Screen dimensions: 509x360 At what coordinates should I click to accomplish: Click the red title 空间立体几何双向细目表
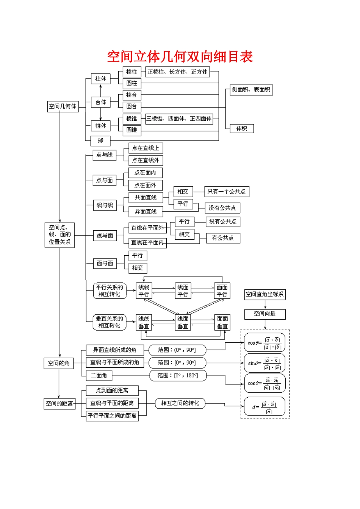click(x=180, y=57)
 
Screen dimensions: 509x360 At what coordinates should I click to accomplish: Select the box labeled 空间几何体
click(x=63, y=106)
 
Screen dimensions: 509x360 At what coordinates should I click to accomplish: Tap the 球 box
click(x=100, y=141)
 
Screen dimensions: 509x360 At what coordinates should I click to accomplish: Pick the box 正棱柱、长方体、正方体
click(x=177, y=72)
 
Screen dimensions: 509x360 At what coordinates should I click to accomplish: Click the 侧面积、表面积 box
click(x=251, y=90)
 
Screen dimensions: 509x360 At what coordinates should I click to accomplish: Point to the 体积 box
click(x=242, y=129)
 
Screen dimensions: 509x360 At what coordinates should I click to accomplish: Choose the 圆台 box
click(x=131, y=106)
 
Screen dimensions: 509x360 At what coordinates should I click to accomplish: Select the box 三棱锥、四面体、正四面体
click(x=179, y=119)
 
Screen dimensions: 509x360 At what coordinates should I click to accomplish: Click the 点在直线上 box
click(x=146, y=148)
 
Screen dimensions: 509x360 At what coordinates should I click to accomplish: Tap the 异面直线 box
click(x=146, y=211)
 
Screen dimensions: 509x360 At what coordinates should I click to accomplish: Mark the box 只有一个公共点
click(x=226, y=192)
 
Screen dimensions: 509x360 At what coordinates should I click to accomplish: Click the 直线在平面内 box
click(x=147, y=242)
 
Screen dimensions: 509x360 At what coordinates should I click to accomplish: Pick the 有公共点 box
click(x=223, y=238)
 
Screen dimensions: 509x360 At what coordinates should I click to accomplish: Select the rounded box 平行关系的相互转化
click(x=110, y=291)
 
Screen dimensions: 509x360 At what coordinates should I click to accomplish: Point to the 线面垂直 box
click(x=183, y=322)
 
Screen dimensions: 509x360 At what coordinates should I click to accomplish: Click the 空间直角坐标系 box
click(x=265, y=294)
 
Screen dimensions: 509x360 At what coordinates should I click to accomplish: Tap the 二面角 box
click(x=99, y=375)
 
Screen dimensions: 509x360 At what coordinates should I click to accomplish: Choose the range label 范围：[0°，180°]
click(x=178, y=375)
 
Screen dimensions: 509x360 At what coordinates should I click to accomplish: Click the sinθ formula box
click(x=264, y=363)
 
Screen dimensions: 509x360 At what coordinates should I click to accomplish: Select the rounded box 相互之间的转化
click(x=180, y=403)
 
